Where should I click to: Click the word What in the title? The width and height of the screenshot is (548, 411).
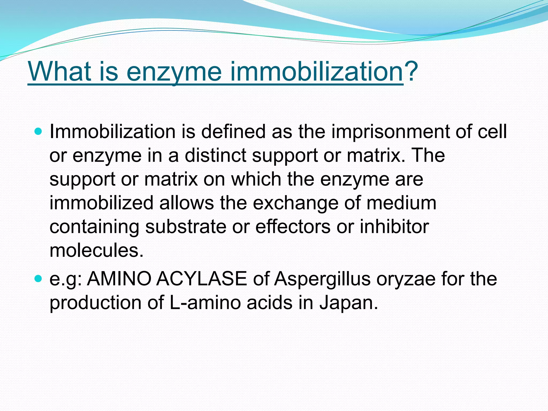(60, 72)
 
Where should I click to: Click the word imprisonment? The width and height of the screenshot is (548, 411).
(390, 132)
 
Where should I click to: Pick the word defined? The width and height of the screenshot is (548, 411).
(233, 131)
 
